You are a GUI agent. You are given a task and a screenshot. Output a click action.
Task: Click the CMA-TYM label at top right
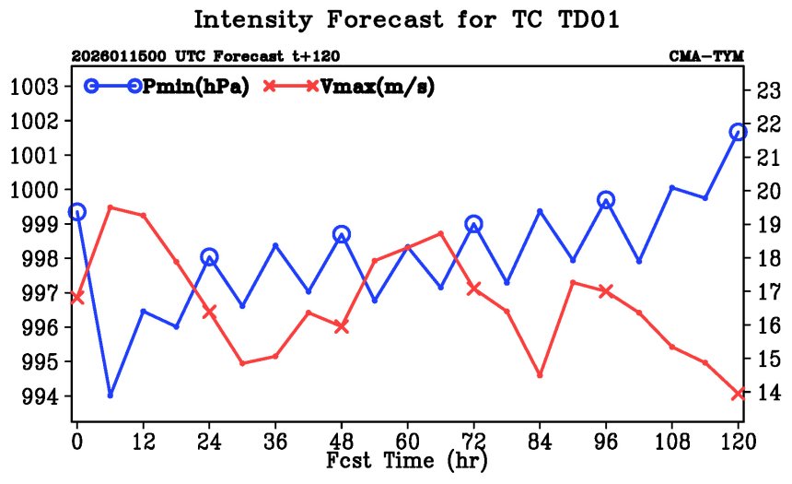click(x=705, y=56)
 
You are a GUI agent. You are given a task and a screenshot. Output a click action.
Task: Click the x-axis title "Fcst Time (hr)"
click(x=406, y=458)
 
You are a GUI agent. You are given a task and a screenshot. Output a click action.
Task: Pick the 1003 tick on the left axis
click(x=35, y=87)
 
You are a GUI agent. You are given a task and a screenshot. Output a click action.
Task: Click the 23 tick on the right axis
click(x=767, y=90)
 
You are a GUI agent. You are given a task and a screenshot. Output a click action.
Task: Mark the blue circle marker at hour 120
click(x=738, y=132)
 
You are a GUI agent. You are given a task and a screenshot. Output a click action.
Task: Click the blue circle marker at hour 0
click(x=77, y=212)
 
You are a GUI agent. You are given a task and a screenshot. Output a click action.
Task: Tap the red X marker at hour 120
click(x=738, y=394)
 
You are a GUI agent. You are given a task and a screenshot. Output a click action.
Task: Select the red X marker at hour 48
click(x=342, y=326)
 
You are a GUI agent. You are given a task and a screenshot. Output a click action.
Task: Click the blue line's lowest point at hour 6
click(x=111, y=395)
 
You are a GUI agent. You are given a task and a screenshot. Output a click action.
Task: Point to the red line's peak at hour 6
click(x=111, y=207)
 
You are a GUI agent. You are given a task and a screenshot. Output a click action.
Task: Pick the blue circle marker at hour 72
click(x=473, y=223)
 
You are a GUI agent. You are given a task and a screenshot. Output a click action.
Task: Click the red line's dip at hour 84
click(x=540, y=375)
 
